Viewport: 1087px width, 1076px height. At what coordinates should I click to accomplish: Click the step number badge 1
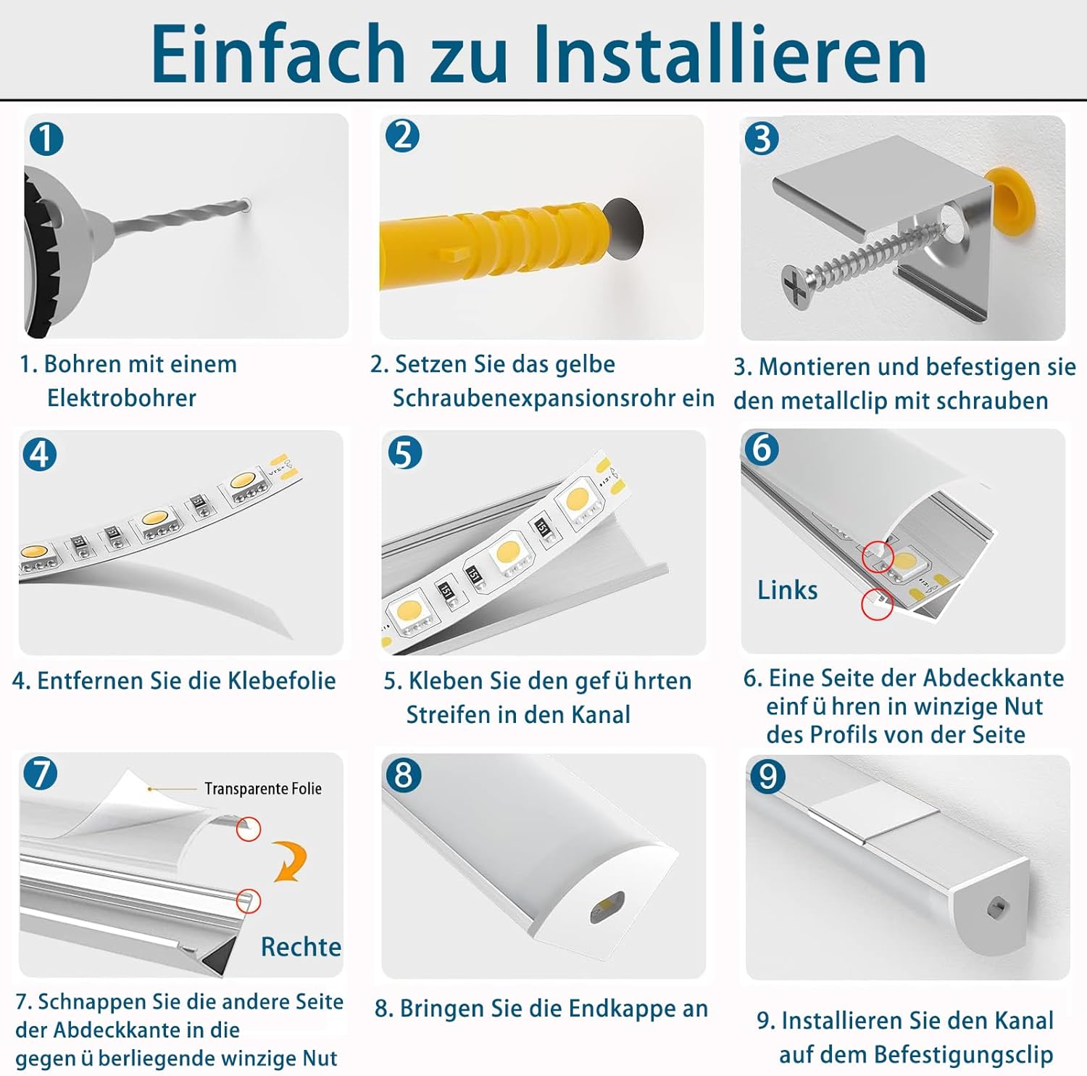46,138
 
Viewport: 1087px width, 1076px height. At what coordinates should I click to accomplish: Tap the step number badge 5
404,453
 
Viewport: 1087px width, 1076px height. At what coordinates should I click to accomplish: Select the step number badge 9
767,777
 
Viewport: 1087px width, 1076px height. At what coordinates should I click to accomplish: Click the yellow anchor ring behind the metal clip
1012,196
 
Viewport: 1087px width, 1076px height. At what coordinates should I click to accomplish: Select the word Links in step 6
787,590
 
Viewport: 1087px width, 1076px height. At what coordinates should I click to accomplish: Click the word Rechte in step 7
301,947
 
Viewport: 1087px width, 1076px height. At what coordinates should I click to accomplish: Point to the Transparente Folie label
262,789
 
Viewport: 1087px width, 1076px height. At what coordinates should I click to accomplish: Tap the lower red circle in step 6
877,604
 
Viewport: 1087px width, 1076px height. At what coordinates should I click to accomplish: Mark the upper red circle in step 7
249,829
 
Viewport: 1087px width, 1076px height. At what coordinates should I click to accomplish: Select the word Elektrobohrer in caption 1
122,398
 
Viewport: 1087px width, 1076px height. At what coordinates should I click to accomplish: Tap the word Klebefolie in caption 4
282,681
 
